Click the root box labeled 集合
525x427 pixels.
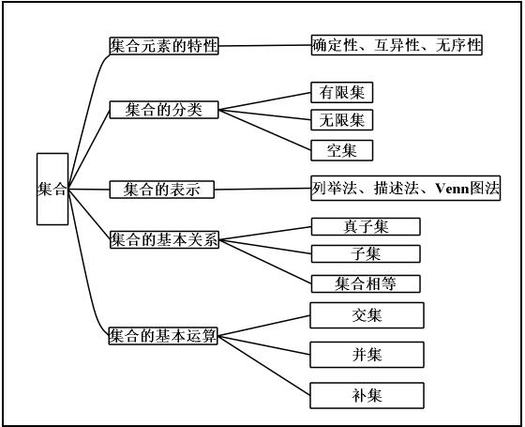52,189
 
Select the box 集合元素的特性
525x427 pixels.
164,46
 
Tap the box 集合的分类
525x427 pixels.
164,110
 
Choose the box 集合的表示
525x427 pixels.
161,190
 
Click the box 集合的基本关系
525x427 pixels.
164,239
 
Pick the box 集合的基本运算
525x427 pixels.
163,336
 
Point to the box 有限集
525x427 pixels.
342,93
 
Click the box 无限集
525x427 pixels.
342,120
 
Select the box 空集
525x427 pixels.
342,150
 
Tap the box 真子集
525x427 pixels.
366,226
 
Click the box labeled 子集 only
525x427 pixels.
366,253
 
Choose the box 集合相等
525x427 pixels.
366,283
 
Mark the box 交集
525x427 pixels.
367,315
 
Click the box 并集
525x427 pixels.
367,355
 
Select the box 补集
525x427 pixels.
367,395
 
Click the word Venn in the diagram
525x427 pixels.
452,189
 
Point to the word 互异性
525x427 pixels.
397,45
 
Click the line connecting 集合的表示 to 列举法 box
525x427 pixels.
262,189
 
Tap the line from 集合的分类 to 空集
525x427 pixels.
264,130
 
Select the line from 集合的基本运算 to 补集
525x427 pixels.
263,366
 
